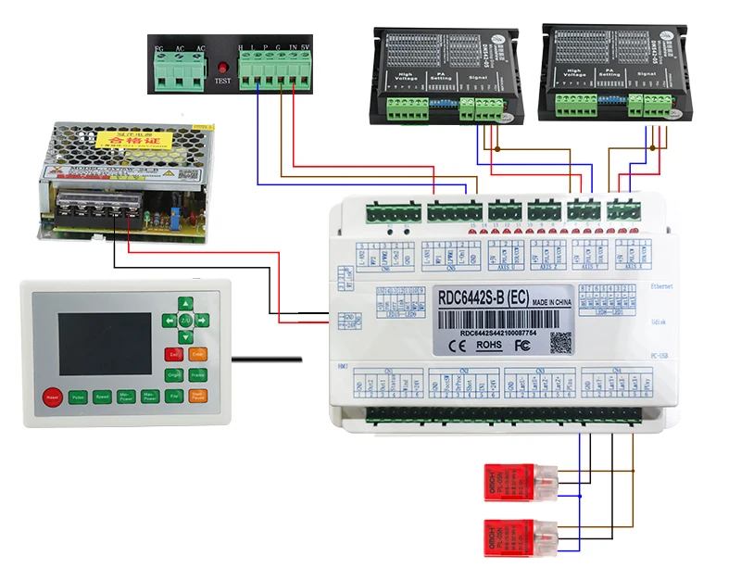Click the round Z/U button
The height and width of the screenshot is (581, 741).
click(x=185, y=320)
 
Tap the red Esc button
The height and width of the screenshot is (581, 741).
click(x=173, y=353)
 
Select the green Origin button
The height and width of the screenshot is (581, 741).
click(x=173, y=374)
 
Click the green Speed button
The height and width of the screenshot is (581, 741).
click(x=102, y=397)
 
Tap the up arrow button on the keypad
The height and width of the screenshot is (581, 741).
click(x=185, y=303)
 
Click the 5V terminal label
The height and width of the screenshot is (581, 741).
click(x=306, y=46)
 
